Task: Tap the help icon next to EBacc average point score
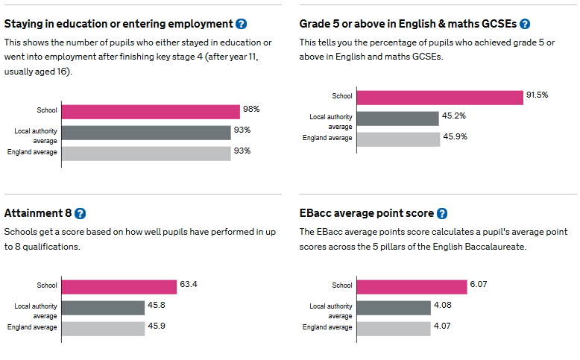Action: pyautogui.click(x=442, y=213)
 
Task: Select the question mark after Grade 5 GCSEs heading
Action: pyautogui.click(x=525, y=25)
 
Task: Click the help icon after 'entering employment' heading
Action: pyautogui.click(x=241, y=25)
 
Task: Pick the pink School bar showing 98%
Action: pyautogui.click(x=151, y=111)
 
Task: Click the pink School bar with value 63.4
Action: pyautogui.click(x=119, y=286)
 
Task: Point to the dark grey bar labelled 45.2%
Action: pyautogui.click(x=398, y=119)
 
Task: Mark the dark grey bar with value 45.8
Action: pyautogui.click(x=103, y=307)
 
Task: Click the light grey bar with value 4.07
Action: pyautogui.click(x=394, y=328)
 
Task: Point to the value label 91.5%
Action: pyautogui.click(x=538, y=95)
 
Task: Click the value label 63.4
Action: pyautogui.click(x=189, y=284)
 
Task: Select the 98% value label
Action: pyautogui.click(x=251, y=110)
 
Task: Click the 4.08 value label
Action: pyautogui.click(x=443, y=305)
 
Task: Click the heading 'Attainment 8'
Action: pyautogui.click(x=38, y=213)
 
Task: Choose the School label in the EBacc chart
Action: pyautogui.click(x=342, y=285)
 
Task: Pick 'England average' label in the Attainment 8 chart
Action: pyautogui.click(x=32, y=327)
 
